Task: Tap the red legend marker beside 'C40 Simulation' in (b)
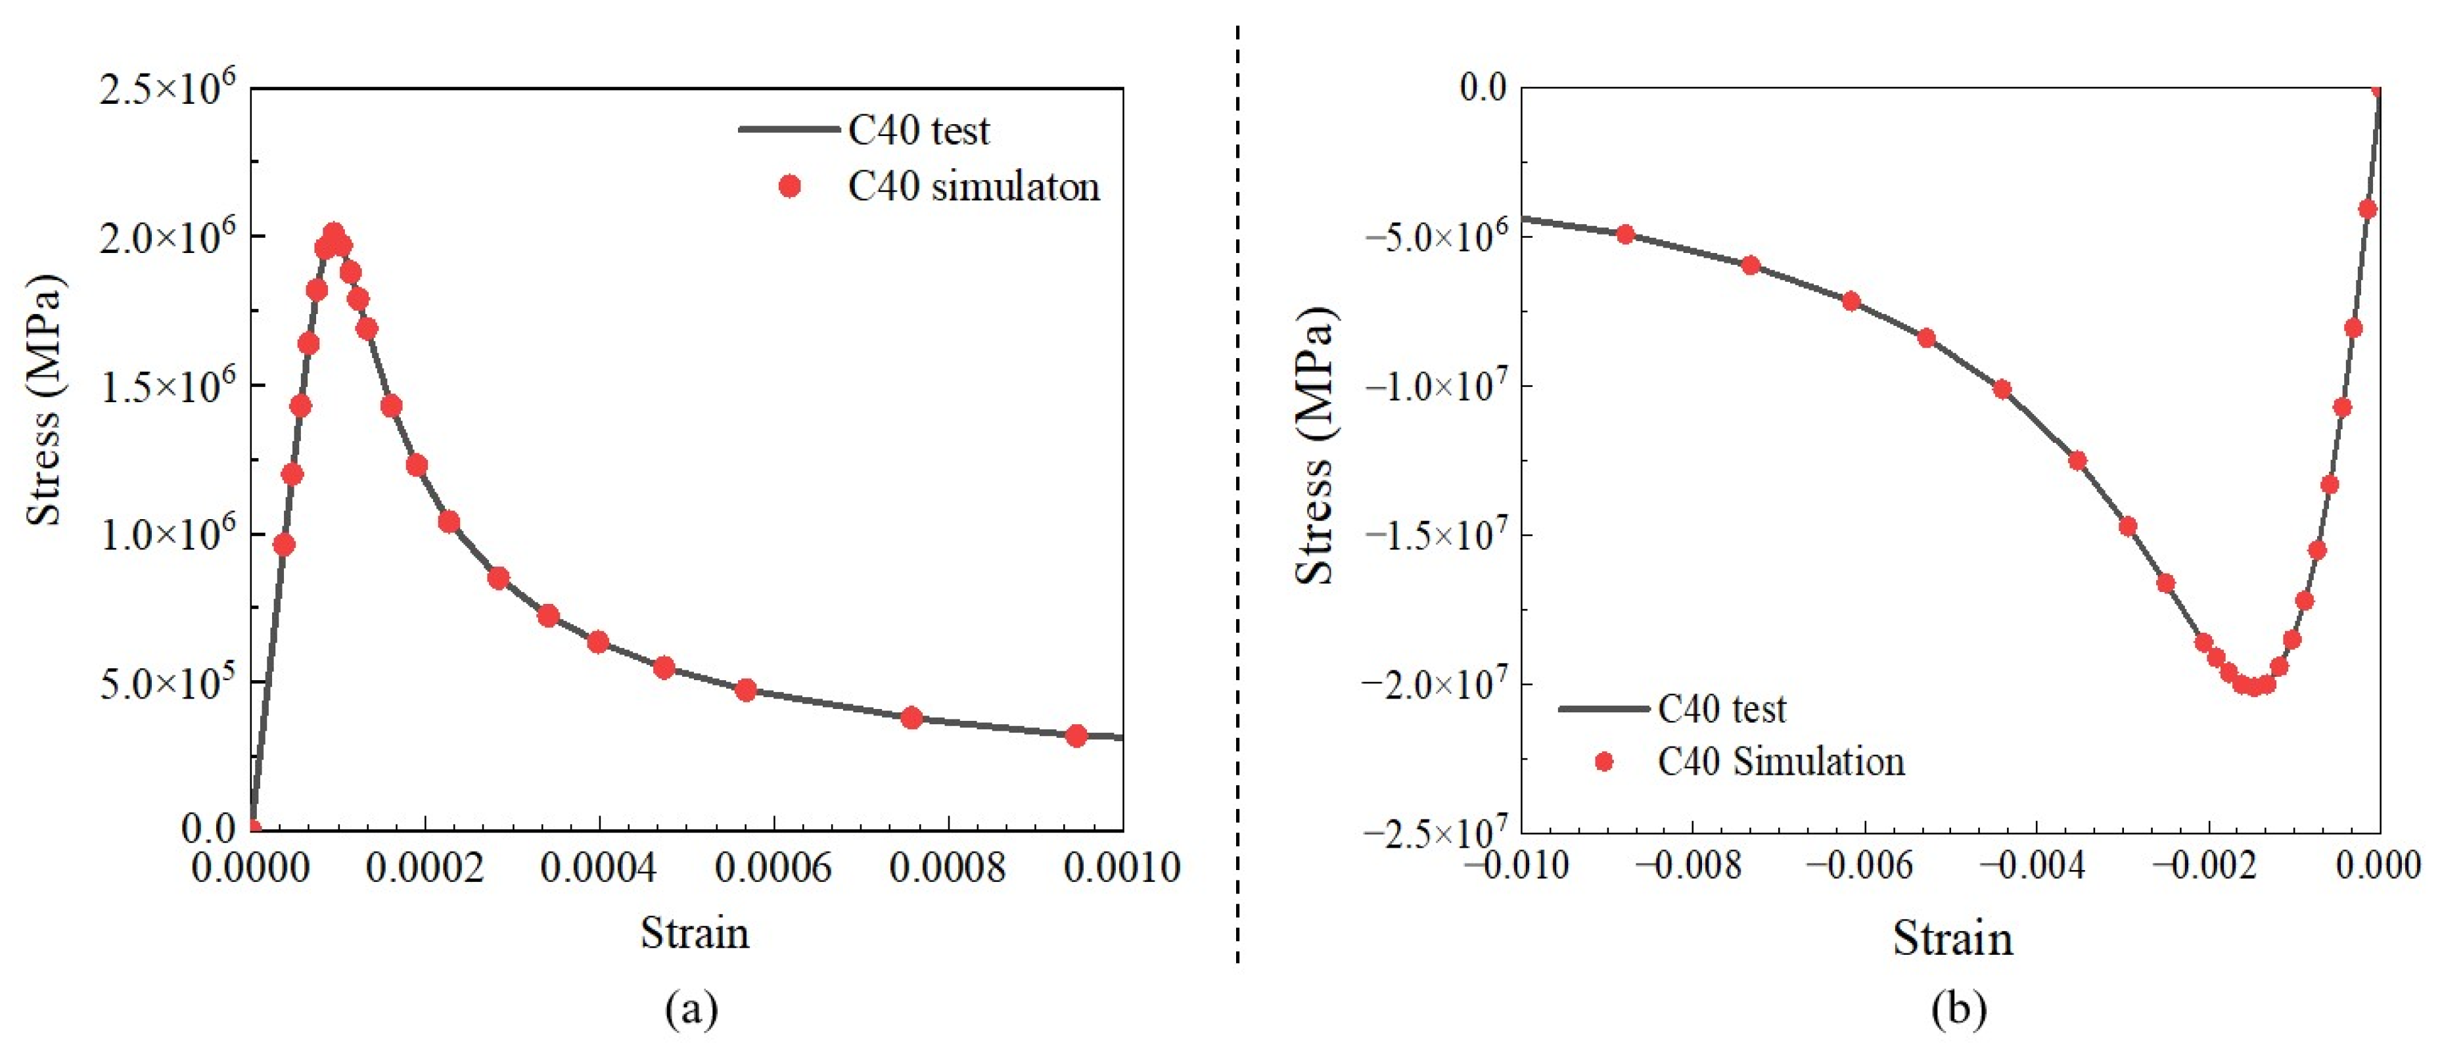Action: [1603, 762]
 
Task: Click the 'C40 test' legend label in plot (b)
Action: [1721, 709]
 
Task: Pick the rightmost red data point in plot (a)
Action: [1076, 736]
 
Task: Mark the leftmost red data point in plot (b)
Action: [1625, 234]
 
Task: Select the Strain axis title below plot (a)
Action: [695, 934]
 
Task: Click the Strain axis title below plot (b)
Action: [1952, 938]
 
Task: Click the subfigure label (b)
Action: [1958, 1009]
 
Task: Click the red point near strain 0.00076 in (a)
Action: [911, 718]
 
